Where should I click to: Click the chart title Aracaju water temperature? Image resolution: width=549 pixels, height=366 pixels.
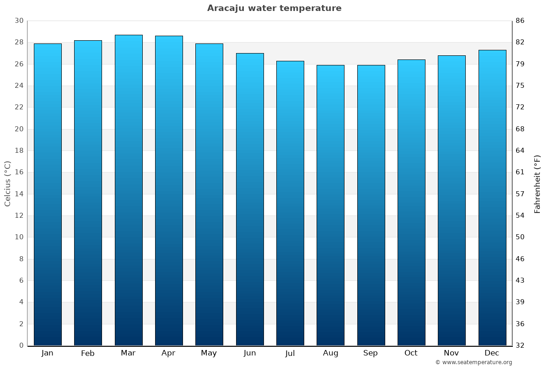click(x=274, y=8)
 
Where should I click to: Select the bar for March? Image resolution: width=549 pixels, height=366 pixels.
click(x=129, y=190)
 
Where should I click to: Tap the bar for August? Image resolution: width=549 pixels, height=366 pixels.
click(x=330, y=205)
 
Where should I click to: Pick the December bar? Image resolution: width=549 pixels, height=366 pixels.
click(x=492, y=198)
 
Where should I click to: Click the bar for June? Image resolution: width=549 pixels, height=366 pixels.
click(x=250, y=199)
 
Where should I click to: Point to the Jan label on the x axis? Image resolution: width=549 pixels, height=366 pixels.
click(x=47, y=353)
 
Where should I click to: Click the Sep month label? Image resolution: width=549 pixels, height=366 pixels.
click(x=371, y=353)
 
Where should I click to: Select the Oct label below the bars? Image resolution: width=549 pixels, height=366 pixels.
click(x=411, y=353)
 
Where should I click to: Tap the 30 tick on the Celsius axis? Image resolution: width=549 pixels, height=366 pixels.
click(x=19, y=21)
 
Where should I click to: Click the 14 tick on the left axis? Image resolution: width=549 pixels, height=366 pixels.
click(x=19, y=194)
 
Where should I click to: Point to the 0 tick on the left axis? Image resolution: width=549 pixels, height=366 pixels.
click(x=21, y=345)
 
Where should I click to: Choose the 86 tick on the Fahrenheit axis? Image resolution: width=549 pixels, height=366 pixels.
click(x=520, y=21)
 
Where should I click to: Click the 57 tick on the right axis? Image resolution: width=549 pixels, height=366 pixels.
click(x=520, y=194)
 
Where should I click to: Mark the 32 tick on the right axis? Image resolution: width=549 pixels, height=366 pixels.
click(x=520, y=345)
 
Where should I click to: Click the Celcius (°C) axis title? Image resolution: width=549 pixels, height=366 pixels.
click(x=7, y=183)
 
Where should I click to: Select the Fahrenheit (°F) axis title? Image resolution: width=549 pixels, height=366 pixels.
click(x=538, y=183)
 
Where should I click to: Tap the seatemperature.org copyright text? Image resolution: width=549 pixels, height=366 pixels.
click(x=474, y=362)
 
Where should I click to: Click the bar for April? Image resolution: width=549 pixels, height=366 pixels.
click(x=169, y=190)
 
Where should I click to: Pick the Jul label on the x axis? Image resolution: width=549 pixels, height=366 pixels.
click(x=290, y=353)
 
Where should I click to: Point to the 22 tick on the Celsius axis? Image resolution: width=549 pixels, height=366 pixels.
click(x=19, y=107)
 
